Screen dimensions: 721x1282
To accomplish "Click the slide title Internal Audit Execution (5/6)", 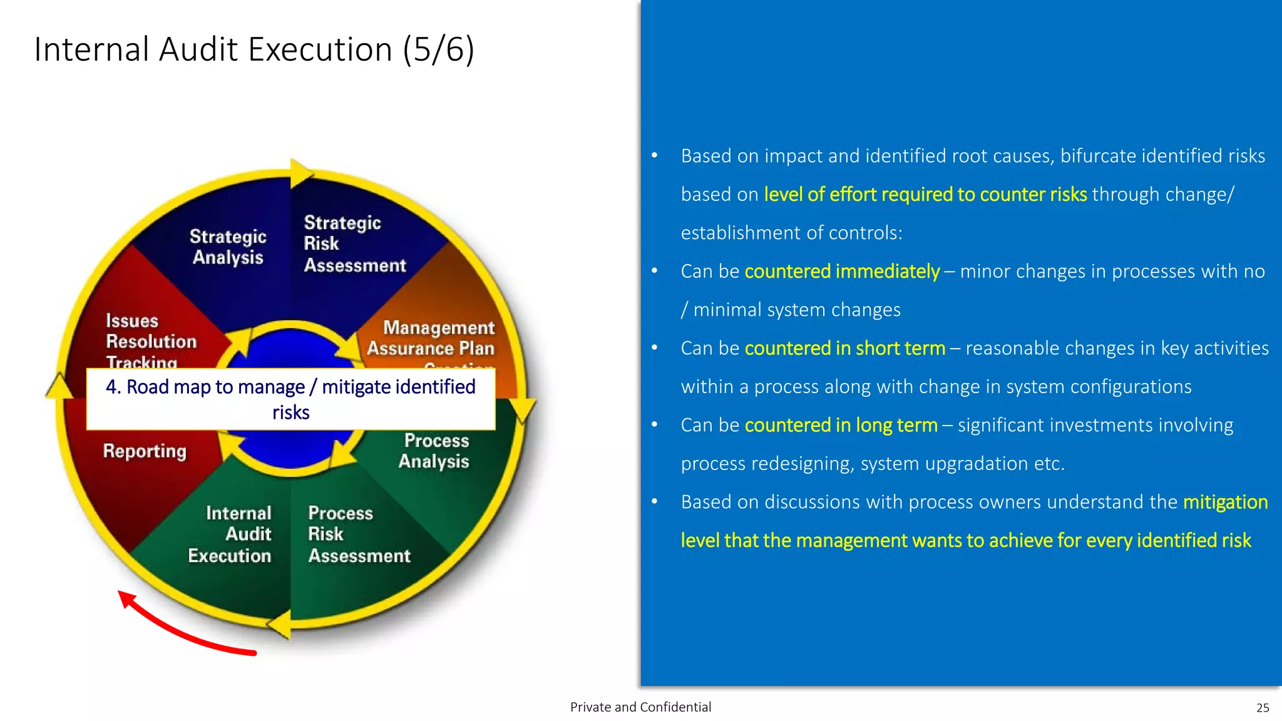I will coord(254,49).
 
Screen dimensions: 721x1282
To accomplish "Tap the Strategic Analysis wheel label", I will coord(228,247).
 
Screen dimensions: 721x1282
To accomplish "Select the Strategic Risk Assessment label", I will coord(354,244).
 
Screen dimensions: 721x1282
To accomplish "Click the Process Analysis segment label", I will coord(435,451).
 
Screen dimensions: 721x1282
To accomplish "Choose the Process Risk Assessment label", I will coord(358,534).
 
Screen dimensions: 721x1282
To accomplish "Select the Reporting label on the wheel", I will coord(145,451).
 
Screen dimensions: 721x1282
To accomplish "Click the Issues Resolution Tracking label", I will coord(150,341).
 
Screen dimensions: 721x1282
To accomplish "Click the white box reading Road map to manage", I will coord(290,399).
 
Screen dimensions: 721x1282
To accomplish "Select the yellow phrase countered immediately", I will coord(842,272).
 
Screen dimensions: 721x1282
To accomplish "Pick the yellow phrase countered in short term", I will coord(844,349).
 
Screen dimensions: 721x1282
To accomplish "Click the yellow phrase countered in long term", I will coord(841,426).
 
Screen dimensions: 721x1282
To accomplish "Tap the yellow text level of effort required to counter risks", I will coord(925,195).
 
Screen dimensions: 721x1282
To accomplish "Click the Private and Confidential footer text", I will coord(640,707).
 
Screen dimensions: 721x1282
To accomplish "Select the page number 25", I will coord(1263,708).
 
